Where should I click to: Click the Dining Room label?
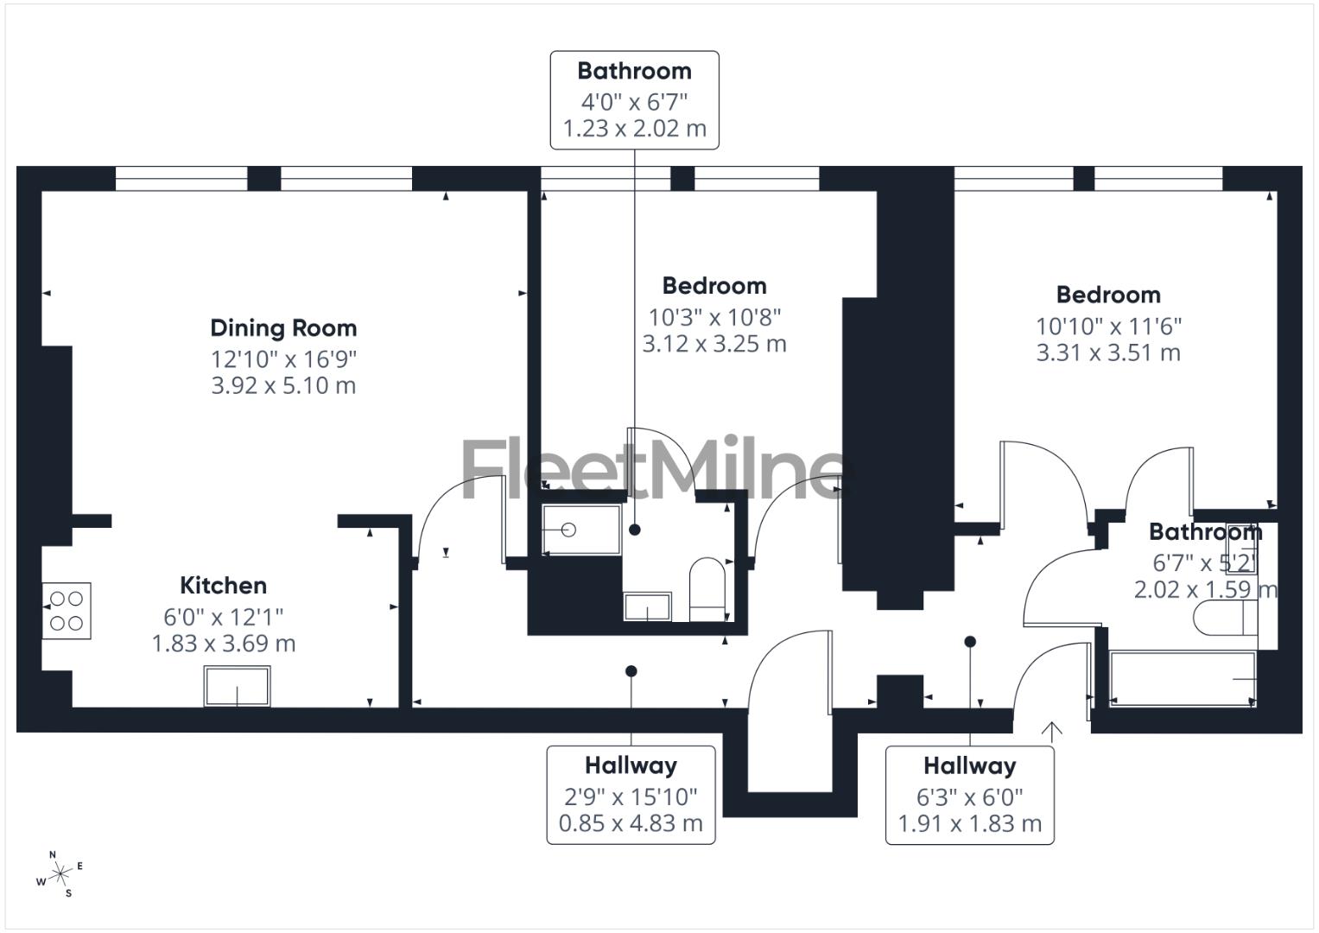click(283, 328)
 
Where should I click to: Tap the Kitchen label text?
click(223, 586)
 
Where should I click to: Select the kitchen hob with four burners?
click(67, 611)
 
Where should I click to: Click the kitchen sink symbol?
click(237, 686)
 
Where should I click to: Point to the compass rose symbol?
click(60, 875)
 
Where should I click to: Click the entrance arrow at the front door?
click(1051, 732)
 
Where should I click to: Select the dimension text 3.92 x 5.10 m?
click(283, 385)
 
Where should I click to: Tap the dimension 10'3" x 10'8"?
click(714, 317)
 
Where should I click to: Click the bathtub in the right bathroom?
click(1182, 679)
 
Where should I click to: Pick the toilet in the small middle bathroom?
click(707, 587)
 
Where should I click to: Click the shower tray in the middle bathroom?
click(580, 530)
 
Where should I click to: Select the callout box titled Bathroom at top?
click(634, 99)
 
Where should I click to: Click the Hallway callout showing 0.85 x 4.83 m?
click(631, 795)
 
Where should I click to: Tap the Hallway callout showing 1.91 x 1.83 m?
click(969, 795)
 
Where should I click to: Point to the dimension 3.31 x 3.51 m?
click(1107, 352)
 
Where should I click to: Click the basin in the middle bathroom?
click(647, 606)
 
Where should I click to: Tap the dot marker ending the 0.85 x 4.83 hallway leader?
click(631, 671)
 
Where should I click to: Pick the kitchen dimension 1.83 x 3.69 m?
click(223, 644)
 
